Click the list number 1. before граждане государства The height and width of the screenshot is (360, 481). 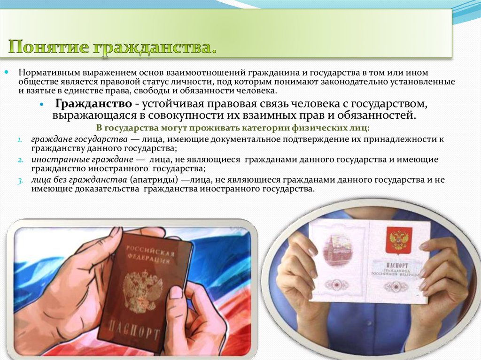click(x=21, y=140)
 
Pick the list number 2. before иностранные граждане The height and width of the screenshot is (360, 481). click(x=21, y=160)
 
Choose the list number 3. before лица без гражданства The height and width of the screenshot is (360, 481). click(x=21, y=180)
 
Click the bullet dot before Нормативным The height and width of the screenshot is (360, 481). click(x=7, y=73)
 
